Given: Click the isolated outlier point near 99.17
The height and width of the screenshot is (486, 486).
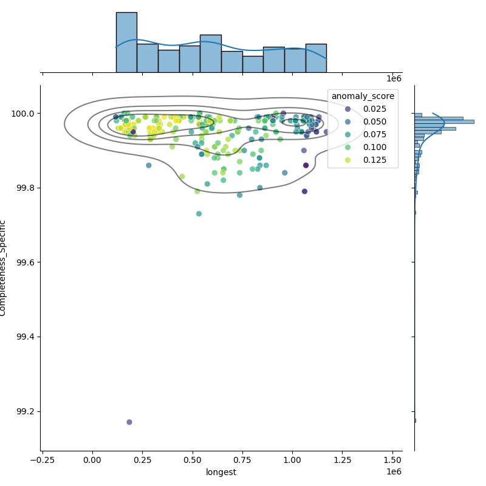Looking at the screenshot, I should [129, 422].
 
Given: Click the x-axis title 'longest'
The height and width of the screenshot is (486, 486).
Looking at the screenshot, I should [221, 472].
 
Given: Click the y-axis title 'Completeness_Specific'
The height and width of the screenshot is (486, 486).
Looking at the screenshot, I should [4, 268].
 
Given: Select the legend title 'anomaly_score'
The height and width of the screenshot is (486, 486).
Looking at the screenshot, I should [363, 96].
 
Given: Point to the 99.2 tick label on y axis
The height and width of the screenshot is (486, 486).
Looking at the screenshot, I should [26, 411].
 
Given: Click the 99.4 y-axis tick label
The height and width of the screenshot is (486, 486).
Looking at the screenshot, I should [26, 337].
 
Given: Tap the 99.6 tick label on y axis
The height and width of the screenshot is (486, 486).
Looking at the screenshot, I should [26, 262].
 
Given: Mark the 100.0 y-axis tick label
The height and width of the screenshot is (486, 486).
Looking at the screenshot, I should [24, 114].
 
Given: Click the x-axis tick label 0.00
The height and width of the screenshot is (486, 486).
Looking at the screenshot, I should [92, 460].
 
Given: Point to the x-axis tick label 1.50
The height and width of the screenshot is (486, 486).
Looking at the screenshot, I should [392, 460].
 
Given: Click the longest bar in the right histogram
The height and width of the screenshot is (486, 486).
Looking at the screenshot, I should [444, 122].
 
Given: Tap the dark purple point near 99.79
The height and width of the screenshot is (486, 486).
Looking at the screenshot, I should [304, 191].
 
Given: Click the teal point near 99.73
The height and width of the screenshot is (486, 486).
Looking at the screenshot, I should [199, 214].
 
